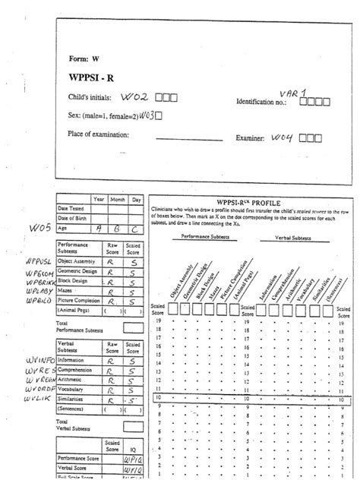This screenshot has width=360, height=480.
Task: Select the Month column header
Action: [117, 199]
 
